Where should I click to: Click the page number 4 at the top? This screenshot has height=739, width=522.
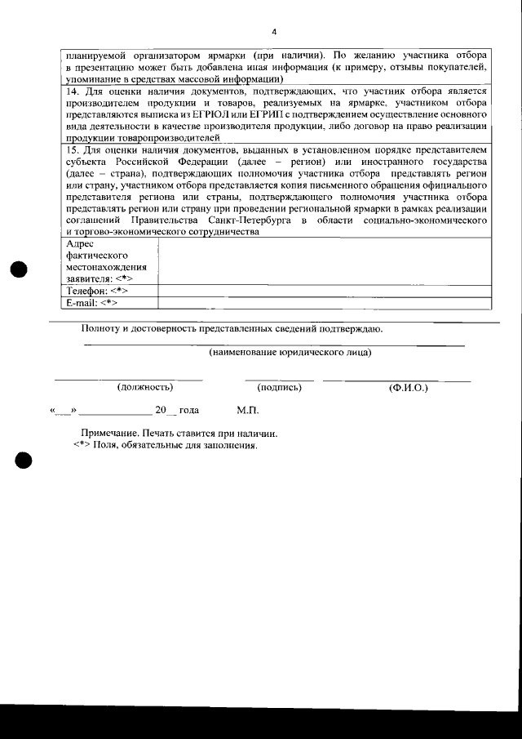coord(273,32)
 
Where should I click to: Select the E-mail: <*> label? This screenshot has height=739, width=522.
coord(91,302)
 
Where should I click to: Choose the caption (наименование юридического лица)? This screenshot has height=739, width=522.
coord(290,353)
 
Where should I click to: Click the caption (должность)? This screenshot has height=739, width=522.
coord(145,387)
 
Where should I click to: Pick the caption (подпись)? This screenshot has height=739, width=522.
coord(279,387)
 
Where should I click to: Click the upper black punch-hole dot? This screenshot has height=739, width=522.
coord(20,270)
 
